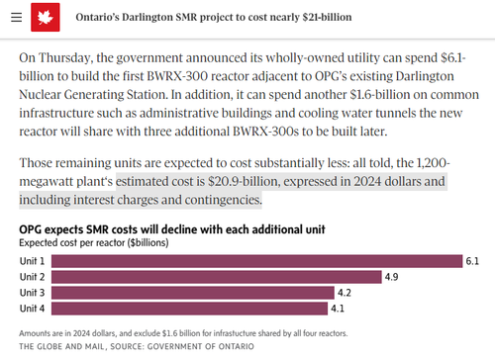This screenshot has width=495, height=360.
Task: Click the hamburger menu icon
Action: point(16,17)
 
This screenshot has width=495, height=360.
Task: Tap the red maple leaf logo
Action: point(46,17)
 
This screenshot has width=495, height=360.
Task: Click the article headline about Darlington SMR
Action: point(214,17)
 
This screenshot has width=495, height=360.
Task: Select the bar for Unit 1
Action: point(257,261)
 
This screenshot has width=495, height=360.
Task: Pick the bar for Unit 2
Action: point(217,277)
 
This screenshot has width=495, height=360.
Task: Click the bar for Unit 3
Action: point(193,293)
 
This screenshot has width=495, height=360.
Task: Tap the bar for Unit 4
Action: point(189,309)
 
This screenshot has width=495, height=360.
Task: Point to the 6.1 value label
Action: point(472,261)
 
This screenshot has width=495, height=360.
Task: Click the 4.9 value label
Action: point(391,277)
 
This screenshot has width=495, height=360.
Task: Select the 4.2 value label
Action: point(345,293)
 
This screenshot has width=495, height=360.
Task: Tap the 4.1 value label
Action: point(338,309)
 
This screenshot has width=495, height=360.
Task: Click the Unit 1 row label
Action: point(32,261)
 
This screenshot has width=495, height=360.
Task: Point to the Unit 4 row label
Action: point(32,309)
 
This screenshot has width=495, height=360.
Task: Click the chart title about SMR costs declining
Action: point(172,229)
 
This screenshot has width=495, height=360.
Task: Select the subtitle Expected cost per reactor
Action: point(94,243)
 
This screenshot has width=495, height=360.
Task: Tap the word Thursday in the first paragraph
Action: point(66,58)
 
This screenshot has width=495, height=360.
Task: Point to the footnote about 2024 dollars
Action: point(183,333)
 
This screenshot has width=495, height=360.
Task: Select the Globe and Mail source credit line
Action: point(137,346)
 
